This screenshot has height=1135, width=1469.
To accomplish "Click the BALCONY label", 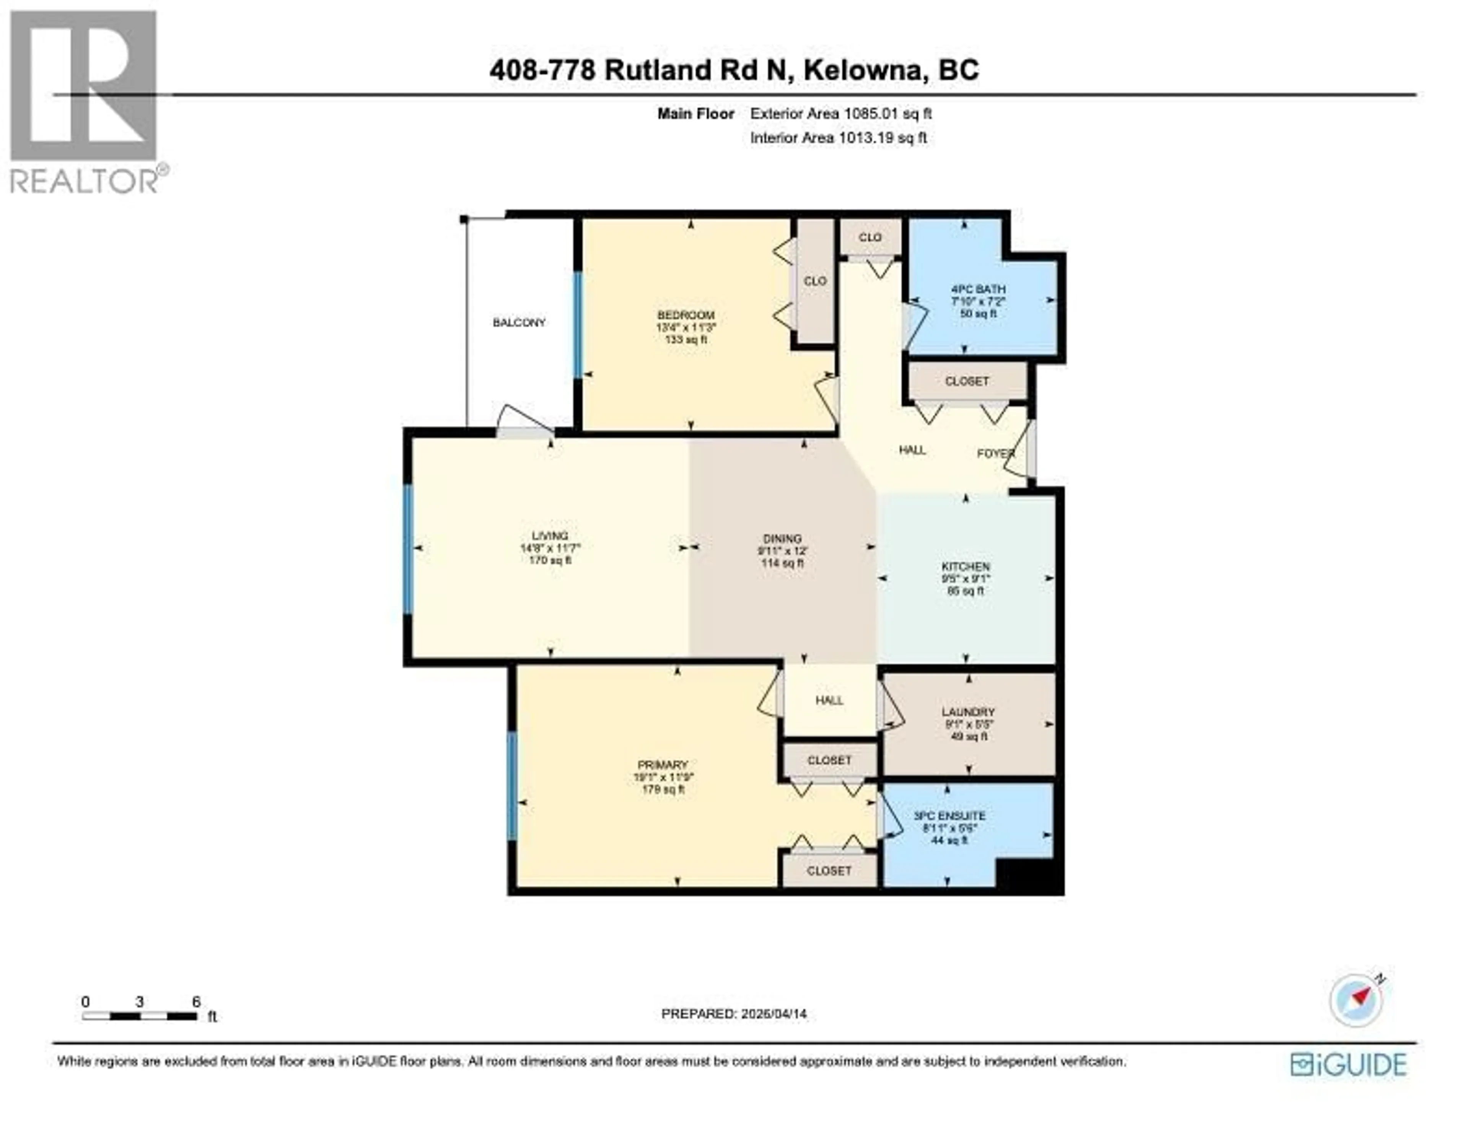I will click(x=519, y=323).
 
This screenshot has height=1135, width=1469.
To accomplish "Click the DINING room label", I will click(x=782, y=539).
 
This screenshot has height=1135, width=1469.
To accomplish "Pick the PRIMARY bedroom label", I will click(x=663, y=765).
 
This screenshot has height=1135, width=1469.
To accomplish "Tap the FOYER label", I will click(x=995, y=454).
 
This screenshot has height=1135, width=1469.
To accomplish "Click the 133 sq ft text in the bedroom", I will click(x=686, y=340).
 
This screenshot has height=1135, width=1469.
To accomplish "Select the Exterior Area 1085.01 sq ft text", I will click(x=841, y=114).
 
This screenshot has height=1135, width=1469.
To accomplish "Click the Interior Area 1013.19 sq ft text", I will click(x=838, y=138).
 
